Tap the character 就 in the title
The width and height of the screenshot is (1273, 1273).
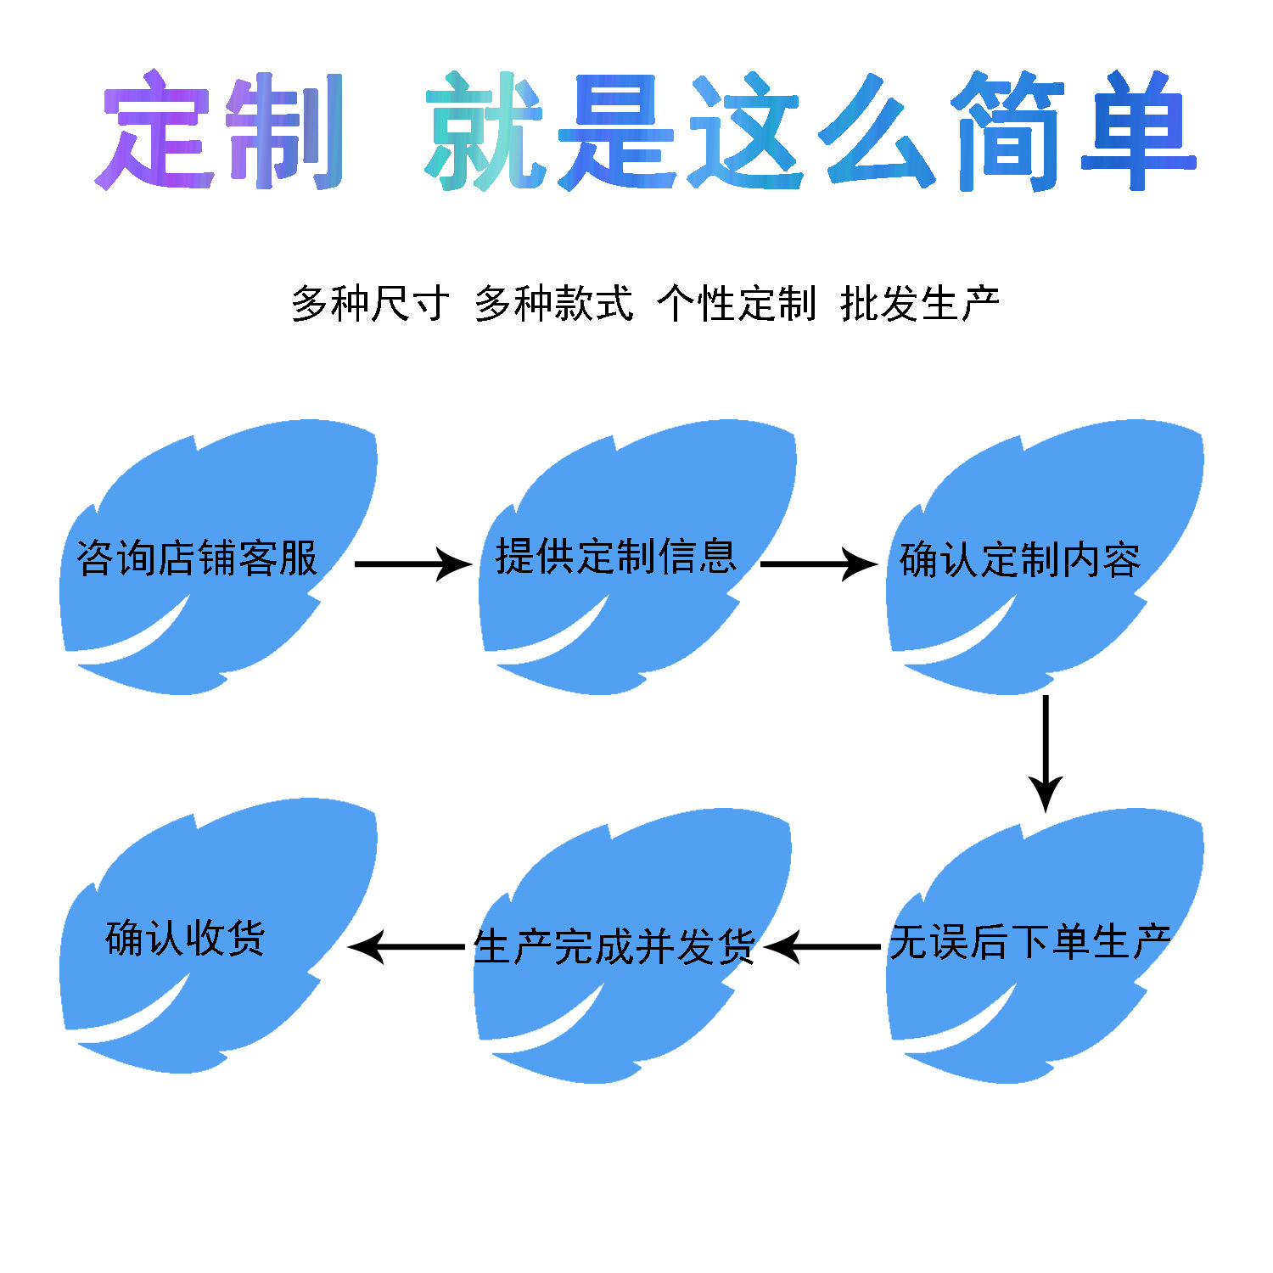pos(484,132)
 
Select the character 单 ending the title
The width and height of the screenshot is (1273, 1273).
pos(1138,132)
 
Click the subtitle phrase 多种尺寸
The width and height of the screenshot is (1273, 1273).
pos(370,303)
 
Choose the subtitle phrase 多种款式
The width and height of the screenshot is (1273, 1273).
pos(553,303)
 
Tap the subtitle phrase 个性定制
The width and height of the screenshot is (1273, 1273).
pos(737,303)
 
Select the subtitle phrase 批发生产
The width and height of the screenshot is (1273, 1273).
pos(920,303)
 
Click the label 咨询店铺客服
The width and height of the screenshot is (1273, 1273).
pos(197,558)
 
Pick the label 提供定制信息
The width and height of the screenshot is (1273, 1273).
pos(616,557)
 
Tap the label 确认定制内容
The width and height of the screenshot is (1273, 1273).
pos(1020,560)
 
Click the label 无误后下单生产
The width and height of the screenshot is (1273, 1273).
pos(1029,942)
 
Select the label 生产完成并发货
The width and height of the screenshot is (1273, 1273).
pos(614,947)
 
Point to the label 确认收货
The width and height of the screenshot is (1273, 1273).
pos(185,938)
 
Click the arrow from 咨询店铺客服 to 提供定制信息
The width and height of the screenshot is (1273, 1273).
pos(412,564)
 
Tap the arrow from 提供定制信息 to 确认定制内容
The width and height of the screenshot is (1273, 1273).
pos(818,564)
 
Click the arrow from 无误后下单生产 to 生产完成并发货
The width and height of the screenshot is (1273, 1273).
pos(823,946)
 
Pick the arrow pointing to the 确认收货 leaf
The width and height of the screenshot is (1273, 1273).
pos(407,946)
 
